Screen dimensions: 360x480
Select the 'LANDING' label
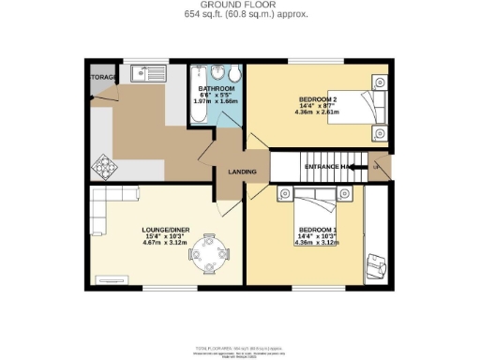242,172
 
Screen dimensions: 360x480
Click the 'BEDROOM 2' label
319,98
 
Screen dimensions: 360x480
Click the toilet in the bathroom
236,75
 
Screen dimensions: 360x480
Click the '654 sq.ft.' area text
205,15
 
